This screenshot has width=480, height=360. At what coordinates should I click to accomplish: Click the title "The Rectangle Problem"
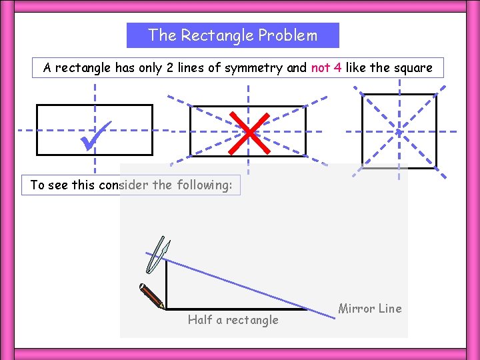[x=233, y=35]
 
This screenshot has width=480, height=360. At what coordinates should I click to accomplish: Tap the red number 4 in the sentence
[x=338, y=67]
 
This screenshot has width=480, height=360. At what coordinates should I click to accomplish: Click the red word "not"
[x=320, y=67]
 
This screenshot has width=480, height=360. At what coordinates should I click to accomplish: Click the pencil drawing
[x=151, y=297]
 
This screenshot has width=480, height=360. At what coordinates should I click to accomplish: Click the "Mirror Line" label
[x=370, y=309]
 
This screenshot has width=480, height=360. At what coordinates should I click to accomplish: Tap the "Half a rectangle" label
[x=233, y=320]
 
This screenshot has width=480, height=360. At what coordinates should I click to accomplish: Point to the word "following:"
[x=204, y=185]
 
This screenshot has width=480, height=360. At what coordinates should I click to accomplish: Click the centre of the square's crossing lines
[x=399, y=131]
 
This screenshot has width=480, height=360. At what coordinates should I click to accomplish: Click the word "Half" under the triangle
[x=199, y=320]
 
